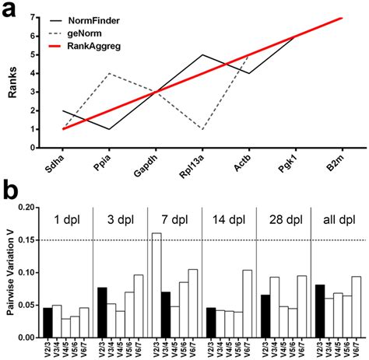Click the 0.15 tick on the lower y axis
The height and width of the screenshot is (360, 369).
(30, 240)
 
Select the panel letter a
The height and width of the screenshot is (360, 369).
(10, 9)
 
